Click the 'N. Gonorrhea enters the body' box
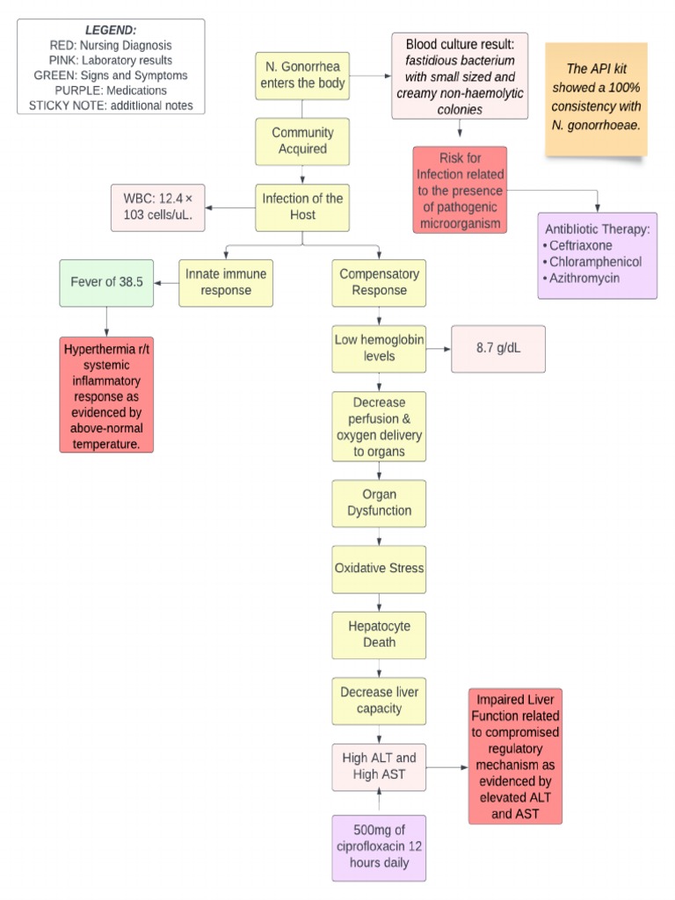click(x=302, y=76)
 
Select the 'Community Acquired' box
click(x=302, y=142)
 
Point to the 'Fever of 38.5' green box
click(x=106, y=282)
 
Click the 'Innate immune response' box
click(x=225, y=282)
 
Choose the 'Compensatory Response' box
click(x=379, y=282)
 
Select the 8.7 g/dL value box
click(x=497, y=348)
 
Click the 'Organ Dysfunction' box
click(x=379, y=503)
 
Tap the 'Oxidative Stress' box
click(x=379, y=569)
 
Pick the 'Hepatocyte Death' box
click(x=379, y=635)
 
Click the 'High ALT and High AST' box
click(x=379, y=766)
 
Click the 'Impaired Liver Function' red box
click(x=515, y=757)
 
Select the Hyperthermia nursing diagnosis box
click(x=106, y=394)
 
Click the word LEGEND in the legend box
click(x=110, y=30)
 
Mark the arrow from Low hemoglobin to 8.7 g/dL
click(x=438, y=348)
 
